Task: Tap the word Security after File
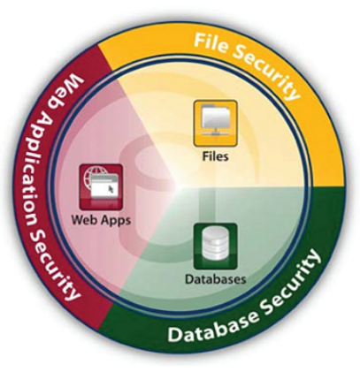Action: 266,70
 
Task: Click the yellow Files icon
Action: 216,123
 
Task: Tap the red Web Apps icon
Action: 101,186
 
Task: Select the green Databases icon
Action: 216,247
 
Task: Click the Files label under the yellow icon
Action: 216,156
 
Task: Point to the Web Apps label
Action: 101,220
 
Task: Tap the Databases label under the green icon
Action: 216,278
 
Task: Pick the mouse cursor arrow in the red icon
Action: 111,189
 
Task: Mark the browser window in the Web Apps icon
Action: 104,186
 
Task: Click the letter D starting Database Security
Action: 173,335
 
